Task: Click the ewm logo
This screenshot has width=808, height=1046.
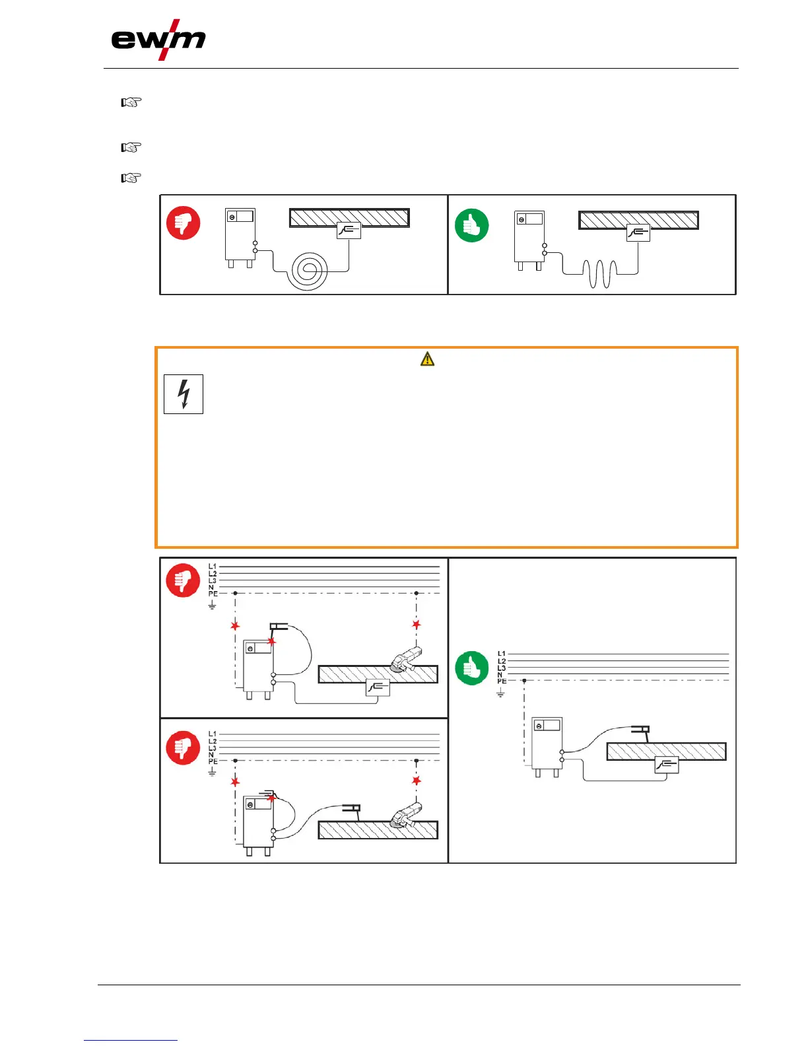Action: point(158,41)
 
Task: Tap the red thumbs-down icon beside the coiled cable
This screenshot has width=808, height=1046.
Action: point(183,224)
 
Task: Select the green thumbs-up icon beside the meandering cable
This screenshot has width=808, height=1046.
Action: point(471,225)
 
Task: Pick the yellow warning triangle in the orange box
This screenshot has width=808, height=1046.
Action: point(428,359)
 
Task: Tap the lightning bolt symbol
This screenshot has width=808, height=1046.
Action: point(184,394)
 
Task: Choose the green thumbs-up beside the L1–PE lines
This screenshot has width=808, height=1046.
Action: point(471,668)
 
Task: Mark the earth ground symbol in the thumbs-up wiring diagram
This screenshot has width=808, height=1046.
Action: point(501,693)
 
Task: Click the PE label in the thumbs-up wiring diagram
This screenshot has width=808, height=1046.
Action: point(502,681)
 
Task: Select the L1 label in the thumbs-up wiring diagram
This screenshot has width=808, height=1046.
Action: point(502,654)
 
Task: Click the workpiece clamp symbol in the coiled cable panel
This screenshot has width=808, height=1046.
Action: point(349,230)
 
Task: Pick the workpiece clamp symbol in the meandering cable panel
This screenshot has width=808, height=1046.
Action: point(638,232)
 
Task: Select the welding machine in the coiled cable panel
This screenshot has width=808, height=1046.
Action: point(240,236)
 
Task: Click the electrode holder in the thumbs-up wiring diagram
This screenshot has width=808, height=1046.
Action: point(640,730)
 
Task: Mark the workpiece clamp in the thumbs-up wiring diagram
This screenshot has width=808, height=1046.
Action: point(667,765)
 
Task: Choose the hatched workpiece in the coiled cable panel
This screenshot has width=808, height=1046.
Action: point(349,217)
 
